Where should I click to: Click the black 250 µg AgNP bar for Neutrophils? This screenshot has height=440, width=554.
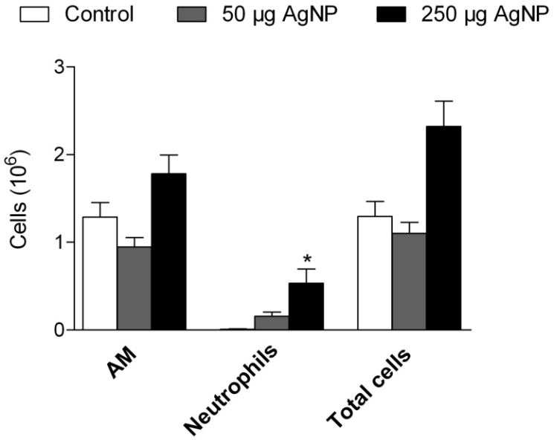point(306,306)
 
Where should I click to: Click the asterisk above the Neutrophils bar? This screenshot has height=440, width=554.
point(306,259)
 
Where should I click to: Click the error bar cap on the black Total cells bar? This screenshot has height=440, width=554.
point(443,101)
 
